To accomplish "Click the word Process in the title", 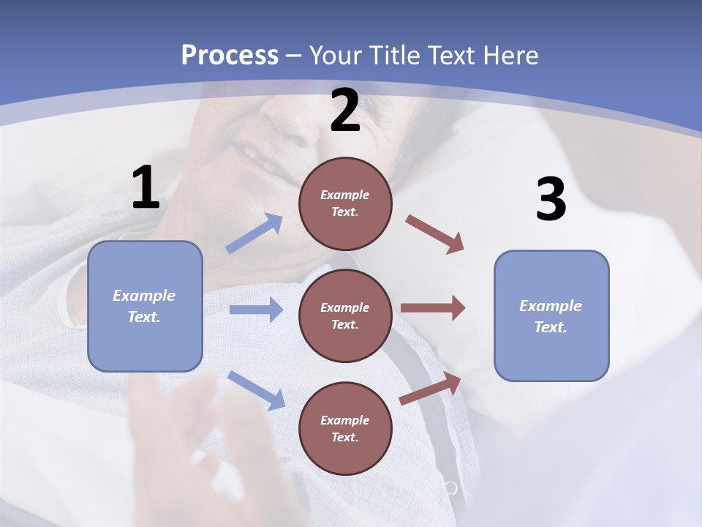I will tap(230, 55).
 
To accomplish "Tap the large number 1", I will tap(146, 188).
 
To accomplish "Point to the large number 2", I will tap(345, 111).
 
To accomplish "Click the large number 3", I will tap(551, 200).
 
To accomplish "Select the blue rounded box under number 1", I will tap(145, 306).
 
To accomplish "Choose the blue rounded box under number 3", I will tap(551, 315).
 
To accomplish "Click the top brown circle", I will tap(345, 203).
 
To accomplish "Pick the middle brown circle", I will tap(345, 315).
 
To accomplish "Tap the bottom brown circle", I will tap(345, 428).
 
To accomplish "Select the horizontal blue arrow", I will tap(256, 310).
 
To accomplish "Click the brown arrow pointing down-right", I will tap(435, 234).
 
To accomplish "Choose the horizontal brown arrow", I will tap(433, 308).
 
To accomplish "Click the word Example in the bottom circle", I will tap(345, 420).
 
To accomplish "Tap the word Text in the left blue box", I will tap(144, 317).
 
